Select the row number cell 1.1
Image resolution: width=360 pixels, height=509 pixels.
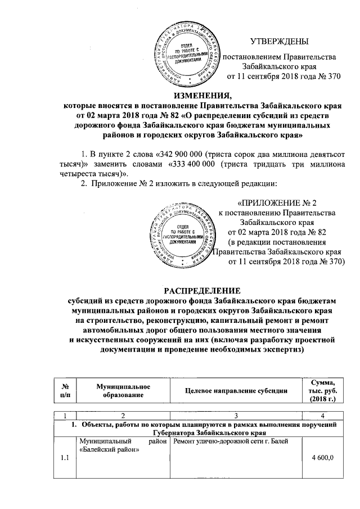(65, 458)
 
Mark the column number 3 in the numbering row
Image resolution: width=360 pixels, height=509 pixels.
(236, 415)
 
